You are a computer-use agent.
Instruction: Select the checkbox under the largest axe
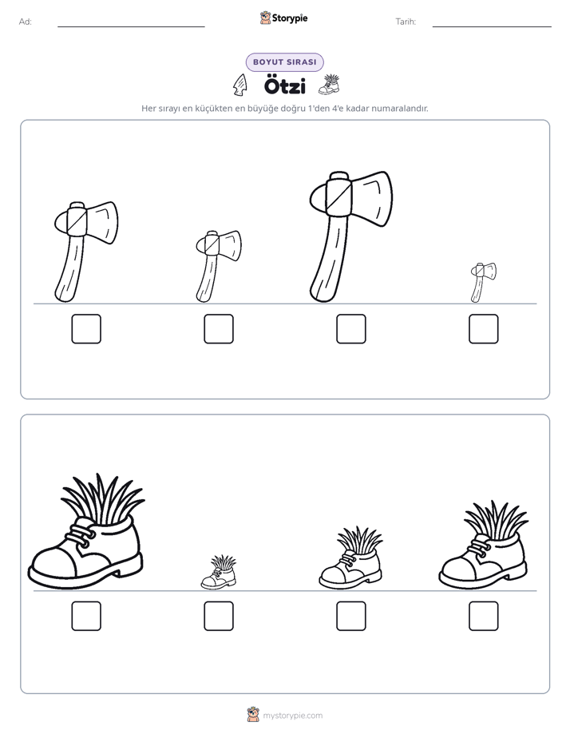[350, 328]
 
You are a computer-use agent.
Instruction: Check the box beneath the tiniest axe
[484, 328]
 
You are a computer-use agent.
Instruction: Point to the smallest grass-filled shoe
[219, 573]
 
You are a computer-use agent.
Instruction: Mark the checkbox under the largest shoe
[86, 616]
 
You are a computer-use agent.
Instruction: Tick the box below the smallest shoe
[219, 616]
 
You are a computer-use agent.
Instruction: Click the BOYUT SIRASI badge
[284, 62]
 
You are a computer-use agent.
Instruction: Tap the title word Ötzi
[284, 86]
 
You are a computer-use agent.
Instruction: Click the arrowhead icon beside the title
[239, 85]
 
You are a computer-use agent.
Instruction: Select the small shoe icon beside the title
[329, 84]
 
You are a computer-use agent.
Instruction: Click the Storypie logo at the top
[283, 18]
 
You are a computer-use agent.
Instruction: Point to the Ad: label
[26, 22]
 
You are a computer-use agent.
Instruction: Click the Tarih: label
[406, 22]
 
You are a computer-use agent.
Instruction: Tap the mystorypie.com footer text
[292, 716]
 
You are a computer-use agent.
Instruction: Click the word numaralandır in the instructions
[400, 109]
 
